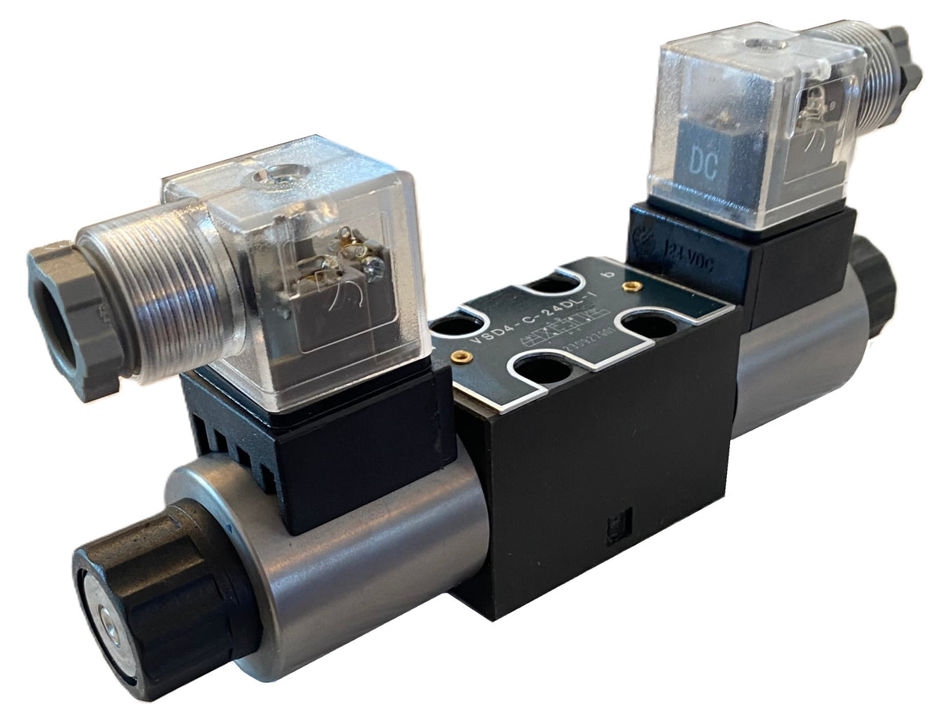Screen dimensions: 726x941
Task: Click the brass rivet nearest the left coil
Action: (x=463, y=357)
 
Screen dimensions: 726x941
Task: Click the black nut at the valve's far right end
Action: (x=874, y=286)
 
